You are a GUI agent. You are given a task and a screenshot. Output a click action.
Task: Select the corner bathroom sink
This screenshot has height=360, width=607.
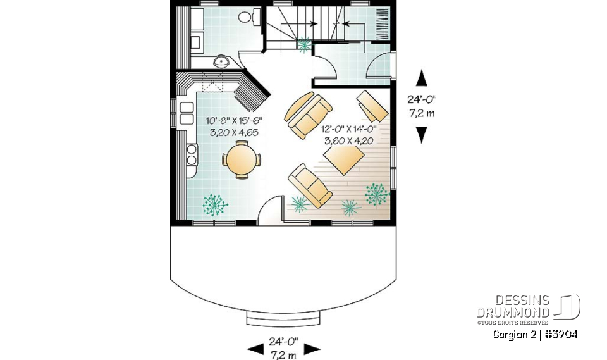click(x=222, y=61)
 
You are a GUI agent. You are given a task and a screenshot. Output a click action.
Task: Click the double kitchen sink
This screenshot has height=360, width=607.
click(x=187, y=113)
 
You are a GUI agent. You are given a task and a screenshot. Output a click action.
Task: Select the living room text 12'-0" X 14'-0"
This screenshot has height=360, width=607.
click(x=349, y=128)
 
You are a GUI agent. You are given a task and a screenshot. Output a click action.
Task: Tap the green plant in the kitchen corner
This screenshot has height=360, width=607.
click(x=215, y=204)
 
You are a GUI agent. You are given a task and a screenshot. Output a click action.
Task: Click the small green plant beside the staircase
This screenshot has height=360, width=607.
click(x=305, y=44)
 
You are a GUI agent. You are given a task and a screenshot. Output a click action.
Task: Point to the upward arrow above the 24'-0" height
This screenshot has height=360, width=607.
click(x=421, y=78)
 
